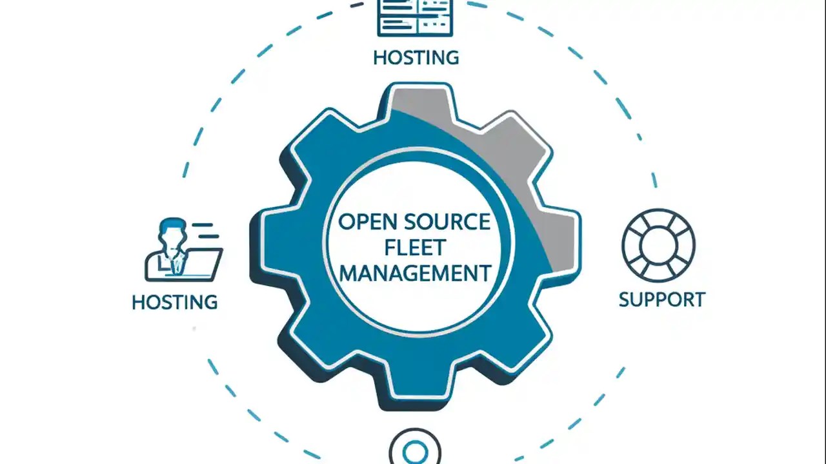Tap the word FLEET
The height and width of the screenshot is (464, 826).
(415, 247)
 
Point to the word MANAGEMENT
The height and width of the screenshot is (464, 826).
(415, 273)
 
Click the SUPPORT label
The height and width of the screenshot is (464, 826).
(661, 300)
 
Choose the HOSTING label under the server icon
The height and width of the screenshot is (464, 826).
(416, 57)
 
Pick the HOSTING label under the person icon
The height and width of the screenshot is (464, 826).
(174, 302)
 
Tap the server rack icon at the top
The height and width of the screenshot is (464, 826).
(416, 17)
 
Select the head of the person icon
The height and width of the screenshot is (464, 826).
(170, 232)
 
